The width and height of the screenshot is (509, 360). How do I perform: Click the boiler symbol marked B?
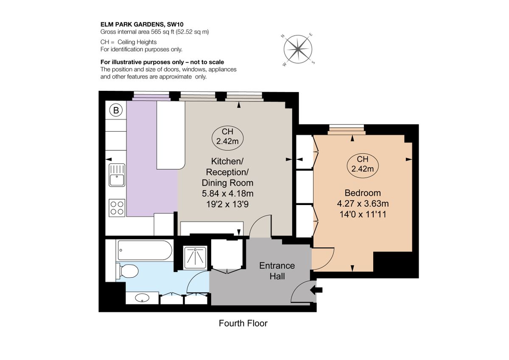click(x=116, y=110)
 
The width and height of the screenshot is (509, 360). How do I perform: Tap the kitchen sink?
click(x=117, y=175)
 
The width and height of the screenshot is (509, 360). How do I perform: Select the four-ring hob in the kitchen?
click(x=117, y=208)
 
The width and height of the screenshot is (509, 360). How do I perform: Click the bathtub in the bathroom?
click(x=144, y=251)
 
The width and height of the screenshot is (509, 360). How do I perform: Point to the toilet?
click(x=129, y=270)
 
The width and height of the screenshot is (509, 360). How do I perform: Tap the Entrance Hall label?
click(x=277, y=271)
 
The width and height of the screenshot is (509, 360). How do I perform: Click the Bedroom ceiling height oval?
click(x=362, y=164)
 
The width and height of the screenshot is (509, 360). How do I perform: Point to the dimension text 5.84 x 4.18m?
click(x=227, y=194)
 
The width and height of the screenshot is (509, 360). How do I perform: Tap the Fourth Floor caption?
click(x=243, y=323)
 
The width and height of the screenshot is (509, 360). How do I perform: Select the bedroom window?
click(x=347, y=129)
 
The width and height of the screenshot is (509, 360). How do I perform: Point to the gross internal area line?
click(x=154, y=32)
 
